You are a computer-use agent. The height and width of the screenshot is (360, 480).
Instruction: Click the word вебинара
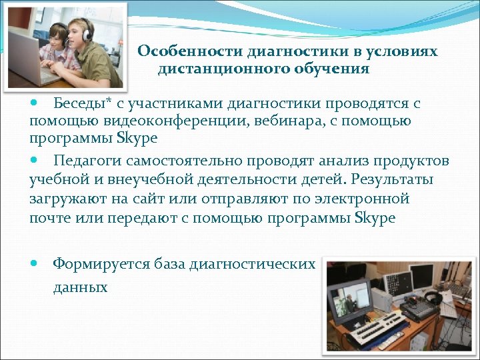pyautogui.click(x=287, y=121)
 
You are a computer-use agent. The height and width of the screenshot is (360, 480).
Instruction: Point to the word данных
pyautogui.click(x=80, y=287)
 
